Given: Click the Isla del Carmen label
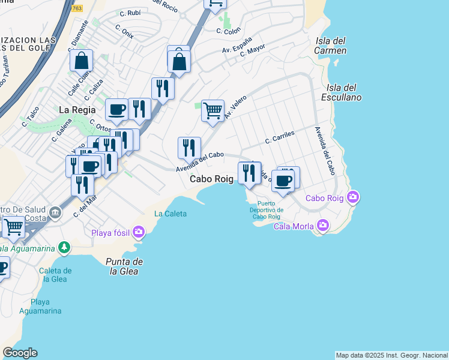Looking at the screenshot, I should click(x=331, y=46).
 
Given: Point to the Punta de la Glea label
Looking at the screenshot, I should click(x=124, y=266).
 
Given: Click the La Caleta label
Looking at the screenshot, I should click(x=170, y=214).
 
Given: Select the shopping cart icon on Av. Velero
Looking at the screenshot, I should click(x=212, y=110).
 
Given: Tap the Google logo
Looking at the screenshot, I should click(x=20, y=353).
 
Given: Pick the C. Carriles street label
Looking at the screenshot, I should click(x=280, y=137).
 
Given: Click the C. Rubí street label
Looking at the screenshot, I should click(x=130, y=13).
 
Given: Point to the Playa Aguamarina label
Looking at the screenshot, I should click(x=40, y=306).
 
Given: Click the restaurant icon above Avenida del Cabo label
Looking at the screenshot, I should click(x=189, y=148).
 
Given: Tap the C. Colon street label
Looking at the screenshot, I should click(x=228, y=30).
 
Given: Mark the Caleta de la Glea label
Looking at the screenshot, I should click(x=55, y=275).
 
